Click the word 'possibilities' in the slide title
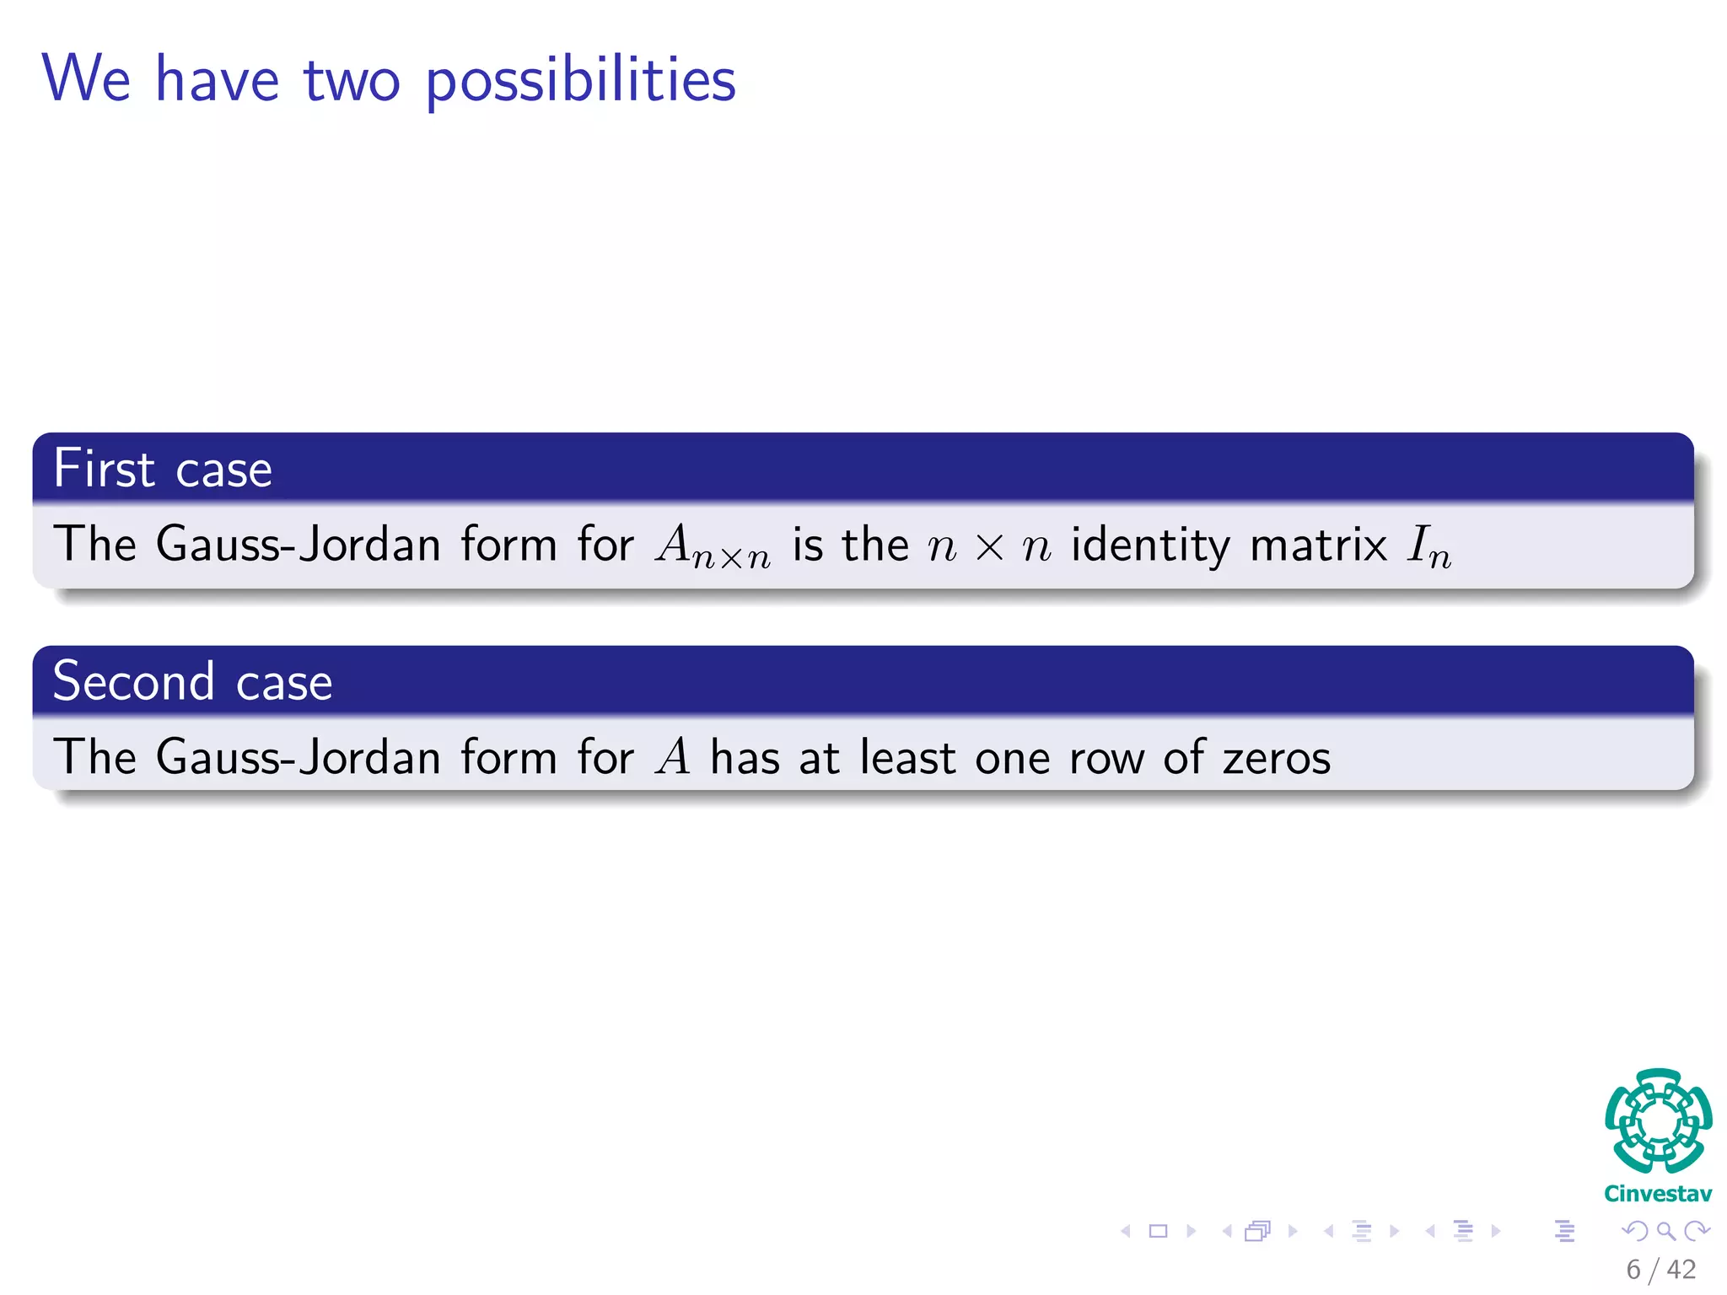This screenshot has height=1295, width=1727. [x=580, y=81]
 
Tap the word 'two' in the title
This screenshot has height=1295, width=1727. [x=351, y=81]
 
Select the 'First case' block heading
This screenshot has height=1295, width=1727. [x=163, y=469]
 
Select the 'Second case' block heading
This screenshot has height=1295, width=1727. [x=192, y=681]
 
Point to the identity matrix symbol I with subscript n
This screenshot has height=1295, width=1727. [x=1428, y=546]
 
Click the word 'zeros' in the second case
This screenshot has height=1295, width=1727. [x=1276, y=757]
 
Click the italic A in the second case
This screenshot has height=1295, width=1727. [x=673, y=756]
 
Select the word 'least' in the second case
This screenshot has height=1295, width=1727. [x=907, y=756]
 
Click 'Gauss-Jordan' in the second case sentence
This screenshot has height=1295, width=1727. [x=299, y=756]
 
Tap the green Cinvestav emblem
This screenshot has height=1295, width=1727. [x=1658, y=1120]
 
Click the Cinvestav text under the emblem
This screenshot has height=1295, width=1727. [x=1658, y=1194]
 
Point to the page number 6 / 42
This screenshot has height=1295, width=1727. [x=1660, y=1269]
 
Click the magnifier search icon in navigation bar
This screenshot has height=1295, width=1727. [x=1665, y=1231]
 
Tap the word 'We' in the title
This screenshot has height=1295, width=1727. [x=86, y=79]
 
